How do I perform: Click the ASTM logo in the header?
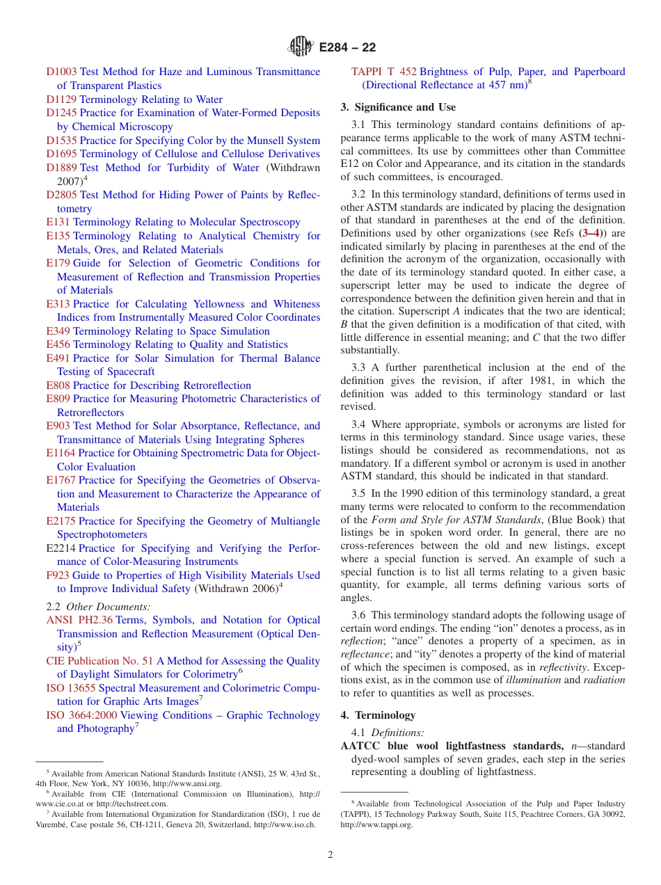click(x=302, y=47)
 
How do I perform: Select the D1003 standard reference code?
click(x=61, y=72)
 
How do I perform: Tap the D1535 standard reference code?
click(x=61, y=141)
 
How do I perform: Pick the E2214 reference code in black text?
click(x=61, y=548)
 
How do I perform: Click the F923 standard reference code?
click(x=58, y=575)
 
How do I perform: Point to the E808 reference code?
click(x=58, y=385)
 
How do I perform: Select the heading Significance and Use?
click(x=398, y=107)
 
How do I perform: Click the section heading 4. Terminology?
click(x=378, y=715)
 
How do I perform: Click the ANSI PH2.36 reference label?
click(x=79, y=620)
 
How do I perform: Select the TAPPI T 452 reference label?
click(x=384, y=72)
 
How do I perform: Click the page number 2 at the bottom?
click(x=330, y=855)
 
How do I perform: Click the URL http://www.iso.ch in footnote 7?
click(x=285, y=825)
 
